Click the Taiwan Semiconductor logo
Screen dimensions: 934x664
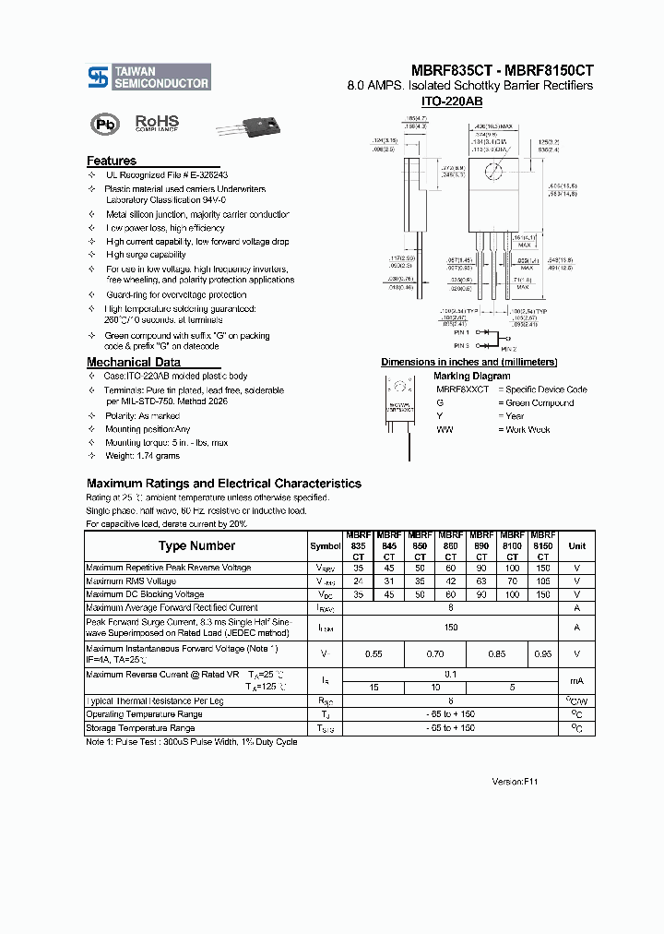[148, 77]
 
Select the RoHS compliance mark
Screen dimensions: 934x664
[157, 123]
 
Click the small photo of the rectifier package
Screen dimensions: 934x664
[243, 126]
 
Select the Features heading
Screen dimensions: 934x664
[112, 161]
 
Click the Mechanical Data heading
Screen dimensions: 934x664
[133, 362]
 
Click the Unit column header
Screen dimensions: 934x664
[576, 546]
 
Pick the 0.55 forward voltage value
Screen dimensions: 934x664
[373, 653]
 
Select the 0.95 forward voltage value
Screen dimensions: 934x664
[543, 653]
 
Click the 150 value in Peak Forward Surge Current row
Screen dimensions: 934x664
[450, 628]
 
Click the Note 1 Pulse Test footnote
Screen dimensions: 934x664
[191, 742]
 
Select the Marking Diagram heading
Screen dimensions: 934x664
[471, 376]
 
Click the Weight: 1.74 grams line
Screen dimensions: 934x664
[142, 456]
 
